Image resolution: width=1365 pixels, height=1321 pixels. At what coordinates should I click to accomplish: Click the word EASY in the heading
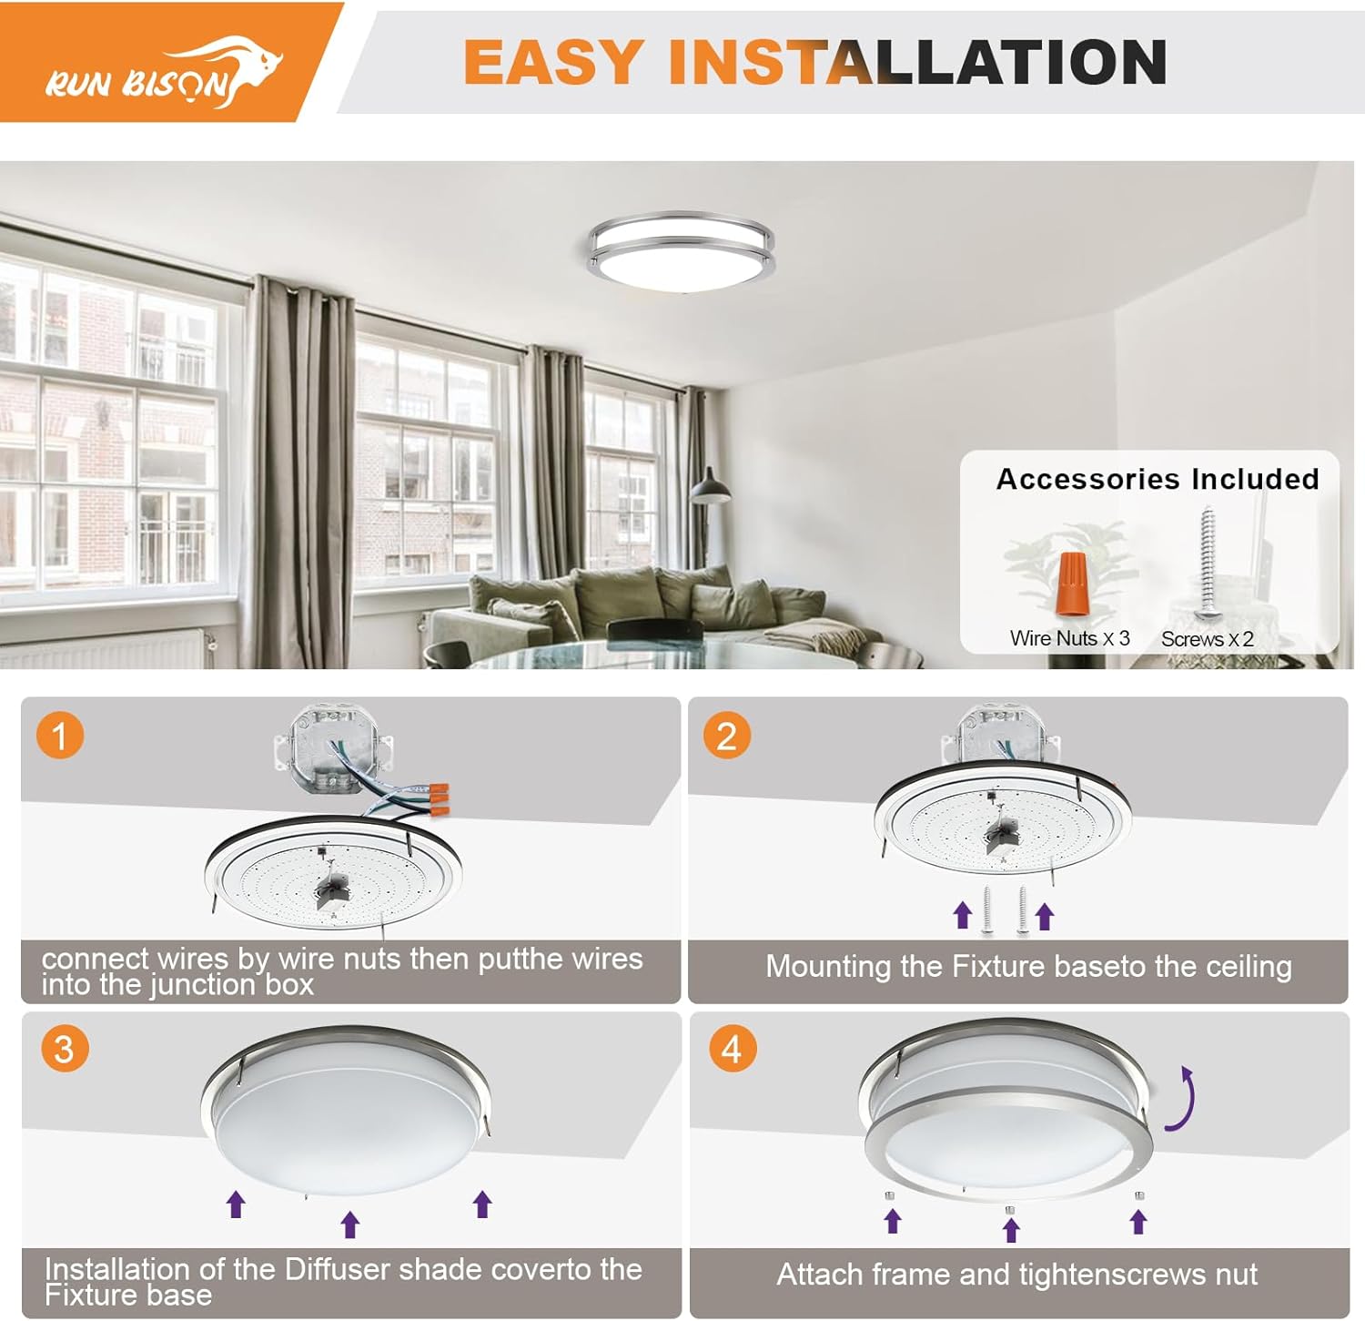click(x=552, y=62)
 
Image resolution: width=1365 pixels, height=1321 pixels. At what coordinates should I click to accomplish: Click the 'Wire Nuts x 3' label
click(x=1069, y=638)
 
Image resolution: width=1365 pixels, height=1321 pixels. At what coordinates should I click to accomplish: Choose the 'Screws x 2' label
click(x=1207, y=639)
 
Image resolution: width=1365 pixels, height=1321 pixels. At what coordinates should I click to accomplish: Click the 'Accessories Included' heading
click(x=1157, y=479)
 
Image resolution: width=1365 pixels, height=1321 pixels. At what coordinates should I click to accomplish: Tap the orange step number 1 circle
click(x=60, y=736)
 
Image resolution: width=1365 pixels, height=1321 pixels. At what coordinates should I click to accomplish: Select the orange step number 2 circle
click(x=726, y=736)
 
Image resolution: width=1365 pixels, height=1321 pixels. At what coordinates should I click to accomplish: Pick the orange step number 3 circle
click(x=64, y=1049)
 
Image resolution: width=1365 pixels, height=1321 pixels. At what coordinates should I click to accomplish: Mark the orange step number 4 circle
click(x=732, y=1049)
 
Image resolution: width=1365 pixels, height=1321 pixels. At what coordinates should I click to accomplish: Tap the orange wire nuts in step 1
click(x=437, y=797)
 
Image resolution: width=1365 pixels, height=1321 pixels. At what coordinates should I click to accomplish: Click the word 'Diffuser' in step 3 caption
click(x=338, y=1268)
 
